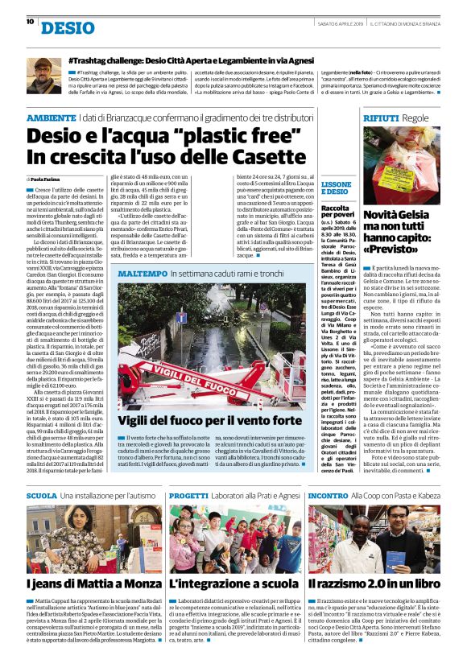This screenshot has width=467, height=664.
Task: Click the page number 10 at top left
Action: click(30, 22)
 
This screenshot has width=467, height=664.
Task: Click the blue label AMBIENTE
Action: click(52, 118)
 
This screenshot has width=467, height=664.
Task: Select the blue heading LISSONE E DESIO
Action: click(336, 190)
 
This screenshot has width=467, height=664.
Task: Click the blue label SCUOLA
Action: click(42, 496)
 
